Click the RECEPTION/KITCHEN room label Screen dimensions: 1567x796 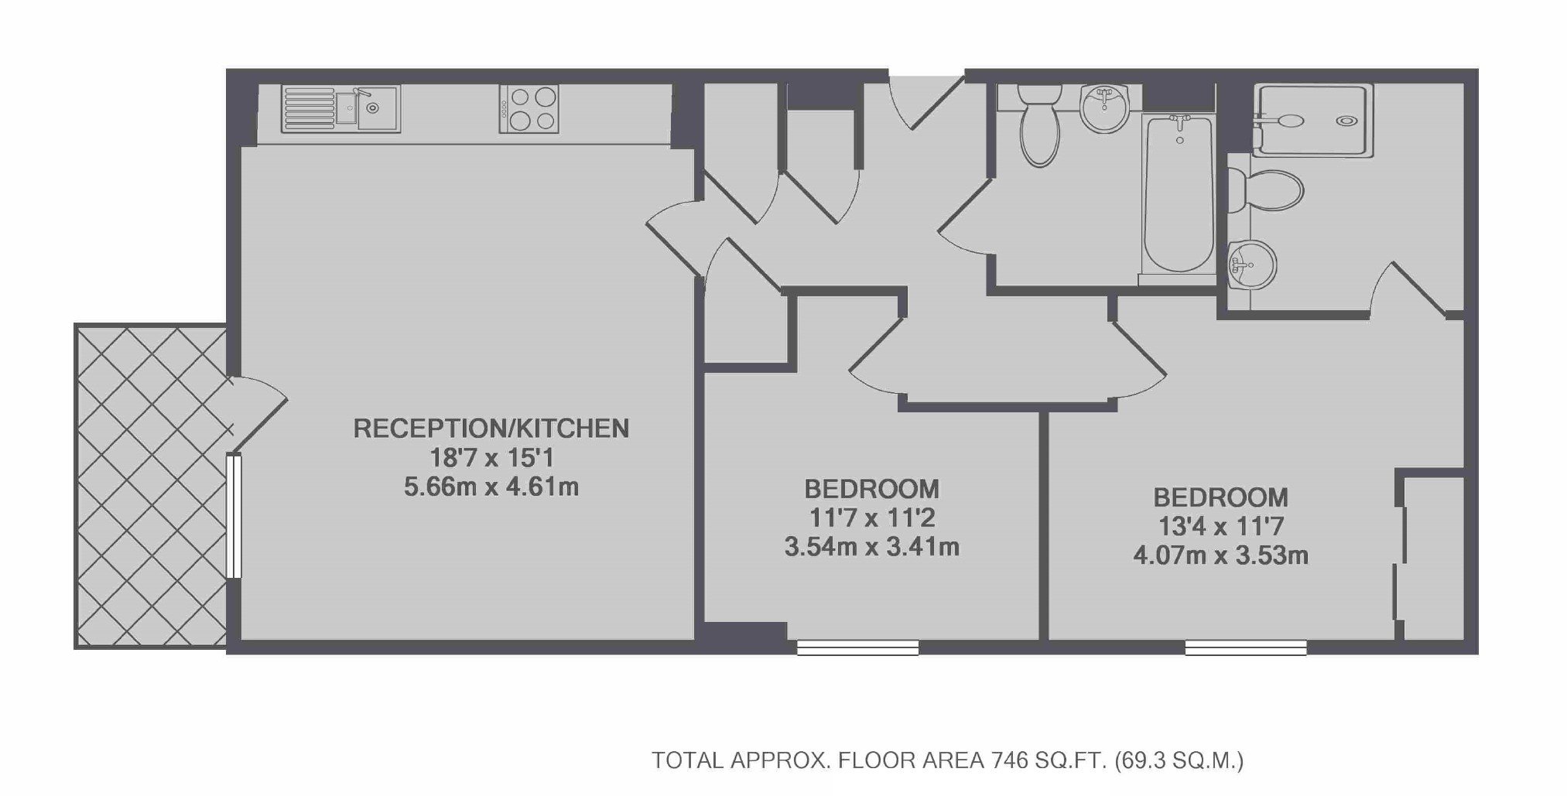point(491,428)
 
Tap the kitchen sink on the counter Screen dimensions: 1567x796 point(340,109)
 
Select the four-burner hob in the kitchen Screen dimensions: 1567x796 point(529,109)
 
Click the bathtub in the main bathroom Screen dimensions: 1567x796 point(1178,195)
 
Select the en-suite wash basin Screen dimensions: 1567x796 point(1252,263)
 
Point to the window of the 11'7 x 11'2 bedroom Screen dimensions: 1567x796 point(857,647)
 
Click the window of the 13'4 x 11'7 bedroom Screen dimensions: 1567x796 point(1246,647)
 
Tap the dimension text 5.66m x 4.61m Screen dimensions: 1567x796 point(491,487)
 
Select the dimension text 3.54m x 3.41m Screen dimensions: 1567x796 point(872,548)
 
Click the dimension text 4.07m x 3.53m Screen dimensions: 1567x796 point(1220,555)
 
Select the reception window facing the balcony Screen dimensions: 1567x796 point(234,516)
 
